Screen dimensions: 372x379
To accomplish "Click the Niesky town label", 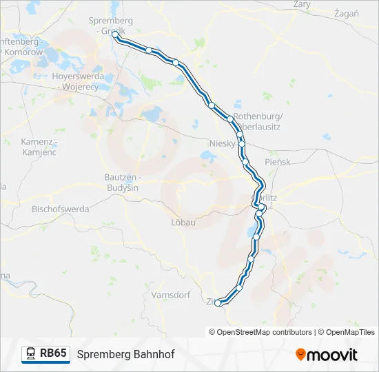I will (x=222, y=143).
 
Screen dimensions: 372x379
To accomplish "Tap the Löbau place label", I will (x=184, y=223).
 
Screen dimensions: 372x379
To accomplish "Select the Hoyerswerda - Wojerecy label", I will (x=78, y=81).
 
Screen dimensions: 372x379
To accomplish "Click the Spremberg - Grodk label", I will (x=111, y=25).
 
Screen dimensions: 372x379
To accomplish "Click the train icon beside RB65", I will (x=31, y=354).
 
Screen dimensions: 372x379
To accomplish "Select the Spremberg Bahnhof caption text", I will (x=116, y=355).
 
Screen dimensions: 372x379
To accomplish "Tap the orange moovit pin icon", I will (x=300, y=355).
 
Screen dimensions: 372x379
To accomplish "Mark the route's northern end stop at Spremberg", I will (x=115, y=34).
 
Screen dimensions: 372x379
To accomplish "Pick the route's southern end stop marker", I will (x=218, y=302).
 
